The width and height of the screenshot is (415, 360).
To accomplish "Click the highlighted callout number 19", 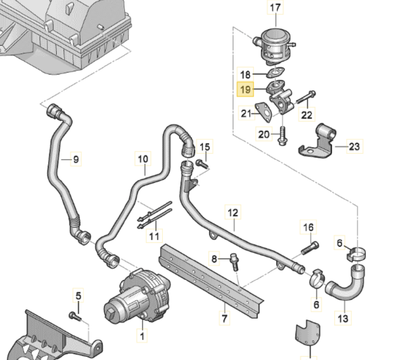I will [245, 89].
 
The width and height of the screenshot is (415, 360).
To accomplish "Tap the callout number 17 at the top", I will [275, 7].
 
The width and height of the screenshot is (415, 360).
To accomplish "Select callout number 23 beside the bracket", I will [354, 146].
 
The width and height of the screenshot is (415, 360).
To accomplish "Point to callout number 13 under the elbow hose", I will [343, 318].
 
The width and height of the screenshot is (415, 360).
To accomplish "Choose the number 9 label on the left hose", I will [76, 159].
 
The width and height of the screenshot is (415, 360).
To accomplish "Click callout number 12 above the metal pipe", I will [233, 213].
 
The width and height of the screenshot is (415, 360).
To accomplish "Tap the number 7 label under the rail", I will [224, 318].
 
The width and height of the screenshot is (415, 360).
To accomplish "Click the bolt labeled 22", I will [305, 97].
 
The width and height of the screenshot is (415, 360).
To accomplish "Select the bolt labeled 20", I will [282, 136].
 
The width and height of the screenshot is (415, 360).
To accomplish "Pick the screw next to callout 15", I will [202, 165].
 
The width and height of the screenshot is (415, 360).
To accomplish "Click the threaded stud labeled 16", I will [310, 248].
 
